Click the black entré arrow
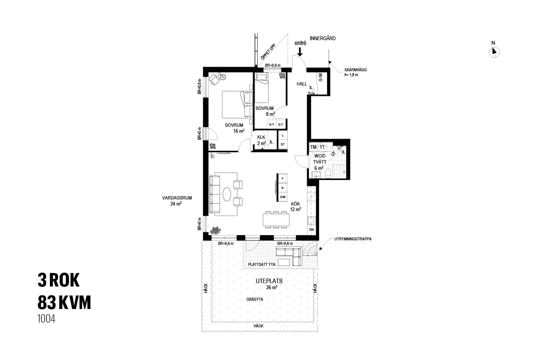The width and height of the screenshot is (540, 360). click(x=300, y=52)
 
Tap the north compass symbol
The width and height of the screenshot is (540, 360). click(x=494, y=52)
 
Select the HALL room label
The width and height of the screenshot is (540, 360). click(x=301, y=84)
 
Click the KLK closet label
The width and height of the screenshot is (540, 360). click(x=261, y=137)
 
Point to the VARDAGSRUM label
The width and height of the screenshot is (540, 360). click(x=177, y=198)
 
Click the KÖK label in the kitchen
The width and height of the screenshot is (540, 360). click(x=295, y=204)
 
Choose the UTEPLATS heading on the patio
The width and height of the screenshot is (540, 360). click(x=269, y=281)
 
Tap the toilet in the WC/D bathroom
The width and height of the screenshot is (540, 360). click(x=328, y=173)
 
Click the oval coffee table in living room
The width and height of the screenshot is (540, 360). click(x=227, y=194)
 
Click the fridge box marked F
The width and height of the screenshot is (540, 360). click(x=282, y=178)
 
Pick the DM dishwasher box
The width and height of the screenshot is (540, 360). click(x=311, y=229)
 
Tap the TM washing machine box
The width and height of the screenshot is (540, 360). click(x=313, y=147)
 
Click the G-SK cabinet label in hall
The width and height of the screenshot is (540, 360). click(x=320, y=77)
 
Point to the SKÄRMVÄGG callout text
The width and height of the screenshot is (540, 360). click(x=355, y=70)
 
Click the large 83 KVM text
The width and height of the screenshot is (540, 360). click(x=64, y=302)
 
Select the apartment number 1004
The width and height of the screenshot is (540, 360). click(x=46, y=319)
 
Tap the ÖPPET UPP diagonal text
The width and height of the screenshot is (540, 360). click(x=268, y=52)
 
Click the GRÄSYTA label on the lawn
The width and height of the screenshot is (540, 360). click(x=255, y=300)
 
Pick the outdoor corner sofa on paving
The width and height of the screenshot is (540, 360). click(x=289, y=256)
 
